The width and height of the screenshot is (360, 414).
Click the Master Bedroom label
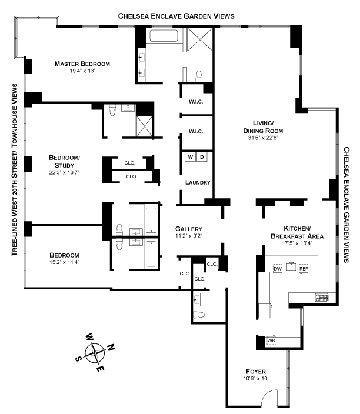83,64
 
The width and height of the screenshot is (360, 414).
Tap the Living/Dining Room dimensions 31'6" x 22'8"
263,139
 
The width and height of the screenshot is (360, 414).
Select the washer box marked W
191,157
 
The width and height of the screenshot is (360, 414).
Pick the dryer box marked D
202,157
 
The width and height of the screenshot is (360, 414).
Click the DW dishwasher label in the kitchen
278,269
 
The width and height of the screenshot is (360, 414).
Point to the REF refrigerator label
304,269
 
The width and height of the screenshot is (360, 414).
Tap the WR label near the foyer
271,341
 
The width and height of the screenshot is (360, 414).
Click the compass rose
95,353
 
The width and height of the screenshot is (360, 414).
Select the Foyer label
256,372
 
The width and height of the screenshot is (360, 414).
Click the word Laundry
198,182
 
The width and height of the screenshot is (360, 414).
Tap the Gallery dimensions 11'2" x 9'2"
189,236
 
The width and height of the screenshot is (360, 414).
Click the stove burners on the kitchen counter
322,298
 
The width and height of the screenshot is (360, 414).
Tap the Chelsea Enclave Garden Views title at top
176,16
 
